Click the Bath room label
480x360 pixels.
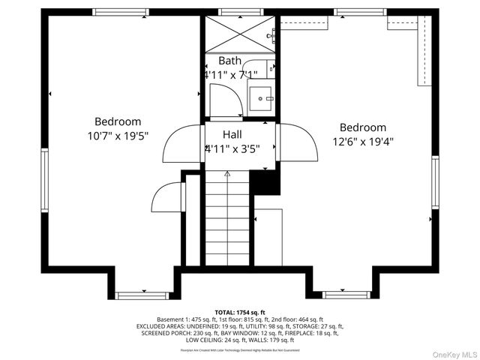(x=229, y=60)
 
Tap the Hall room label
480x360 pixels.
(x=232, y=134)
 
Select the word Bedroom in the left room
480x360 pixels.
(x=118, y=121)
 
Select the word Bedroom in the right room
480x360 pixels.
(x=363, y=127)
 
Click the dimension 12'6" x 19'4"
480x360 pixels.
(x=363, y=141)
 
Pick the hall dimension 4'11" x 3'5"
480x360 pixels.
(x=232, y=148)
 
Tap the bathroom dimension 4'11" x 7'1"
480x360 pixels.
(x=231, y=74)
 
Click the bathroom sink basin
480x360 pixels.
(x=261, y=97)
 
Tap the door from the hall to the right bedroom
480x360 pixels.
(x=295, y=142)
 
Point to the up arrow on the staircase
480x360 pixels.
(x=227, y=174)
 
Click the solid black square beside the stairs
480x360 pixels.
(x=266, y=181)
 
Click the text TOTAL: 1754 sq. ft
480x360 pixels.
(x=240, y=312)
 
